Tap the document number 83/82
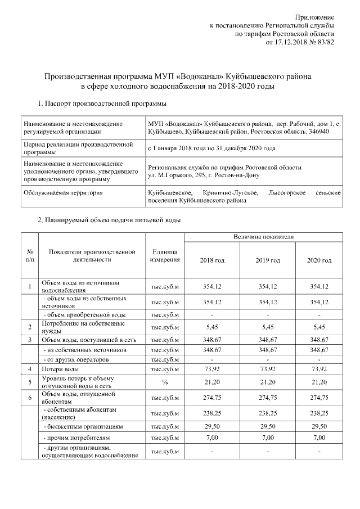[326, 42]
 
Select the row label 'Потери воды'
[60, 369]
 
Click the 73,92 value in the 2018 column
[212, 369]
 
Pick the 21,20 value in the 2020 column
[319, 382]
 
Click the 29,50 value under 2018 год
[212, 427]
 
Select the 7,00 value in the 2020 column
[319, 437]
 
